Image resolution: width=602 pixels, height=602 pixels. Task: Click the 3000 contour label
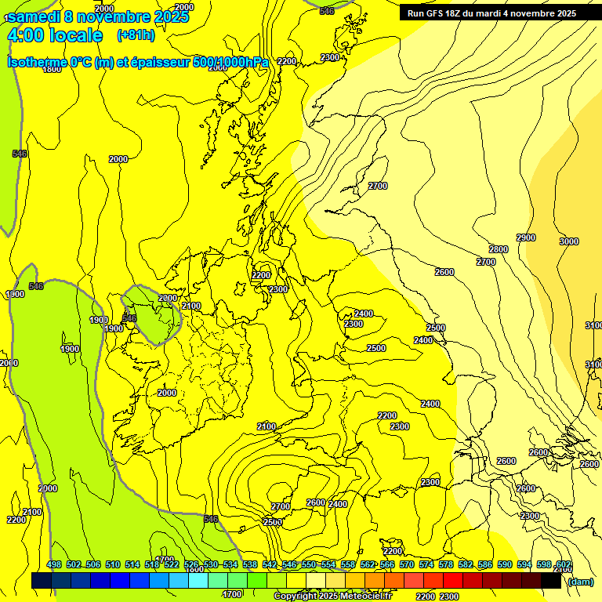tap(569, 241)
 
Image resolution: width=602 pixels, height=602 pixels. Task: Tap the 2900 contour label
tap(526, 238)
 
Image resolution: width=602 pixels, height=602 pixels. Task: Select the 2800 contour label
tap(499, 249)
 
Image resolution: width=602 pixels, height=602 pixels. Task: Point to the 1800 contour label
tap(52, 69)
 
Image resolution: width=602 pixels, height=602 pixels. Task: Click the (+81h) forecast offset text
tap(135, 35)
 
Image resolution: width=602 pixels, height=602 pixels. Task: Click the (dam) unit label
tap(581, 581)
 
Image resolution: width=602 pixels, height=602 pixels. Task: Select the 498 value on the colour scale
tap(53, 564)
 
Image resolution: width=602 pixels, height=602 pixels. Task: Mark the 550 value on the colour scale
tap(309, 564)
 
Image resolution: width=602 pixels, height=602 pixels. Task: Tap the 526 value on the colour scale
tap(190, 564)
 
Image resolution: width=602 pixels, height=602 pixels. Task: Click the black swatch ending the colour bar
tap(551, 581)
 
